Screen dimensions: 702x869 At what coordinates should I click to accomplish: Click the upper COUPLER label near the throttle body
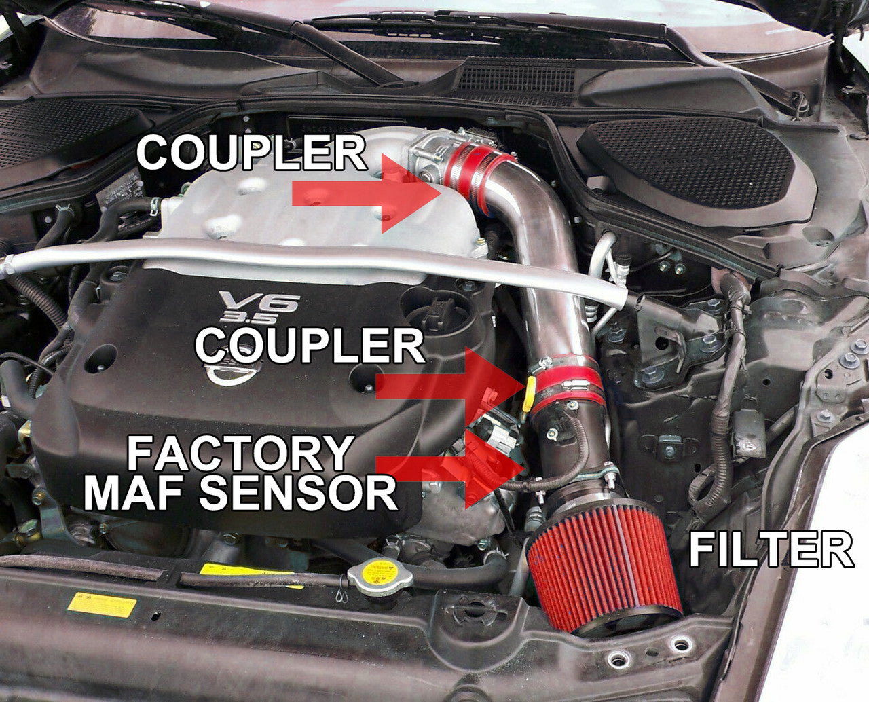(251, 152)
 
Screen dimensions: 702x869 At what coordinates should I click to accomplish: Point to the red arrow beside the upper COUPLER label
(367, 193)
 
